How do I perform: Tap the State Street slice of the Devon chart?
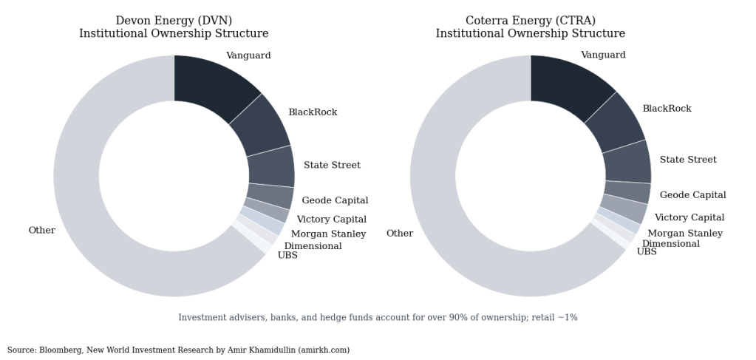[270, 166]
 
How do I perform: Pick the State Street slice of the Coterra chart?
[627, 163]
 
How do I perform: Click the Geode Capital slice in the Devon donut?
[270, 197]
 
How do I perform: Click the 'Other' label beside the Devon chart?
[42, 231]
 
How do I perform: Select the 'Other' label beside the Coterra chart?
[400, 234]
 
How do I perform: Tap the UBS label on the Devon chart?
[287, 256]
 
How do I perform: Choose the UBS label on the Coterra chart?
[647, 252]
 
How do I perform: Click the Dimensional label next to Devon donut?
[313, 246]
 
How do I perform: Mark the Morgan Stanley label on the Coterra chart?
[685, 234]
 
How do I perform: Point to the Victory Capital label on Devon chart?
[331, 220]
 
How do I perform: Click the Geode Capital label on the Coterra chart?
[692, 195]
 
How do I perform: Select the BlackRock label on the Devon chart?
[313, 112]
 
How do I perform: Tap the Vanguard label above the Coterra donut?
[603, 55]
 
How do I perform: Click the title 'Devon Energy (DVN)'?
[174, 21]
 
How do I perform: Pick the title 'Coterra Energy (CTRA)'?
[530, 21]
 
